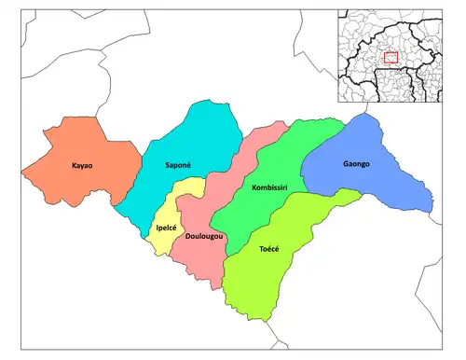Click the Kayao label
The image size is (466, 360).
(81, 166)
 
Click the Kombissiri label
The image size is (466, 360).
(270, 188)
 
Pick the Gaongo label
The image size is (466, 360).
(355, 163)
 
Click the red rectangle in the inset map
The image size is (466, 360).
(391, 58)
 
